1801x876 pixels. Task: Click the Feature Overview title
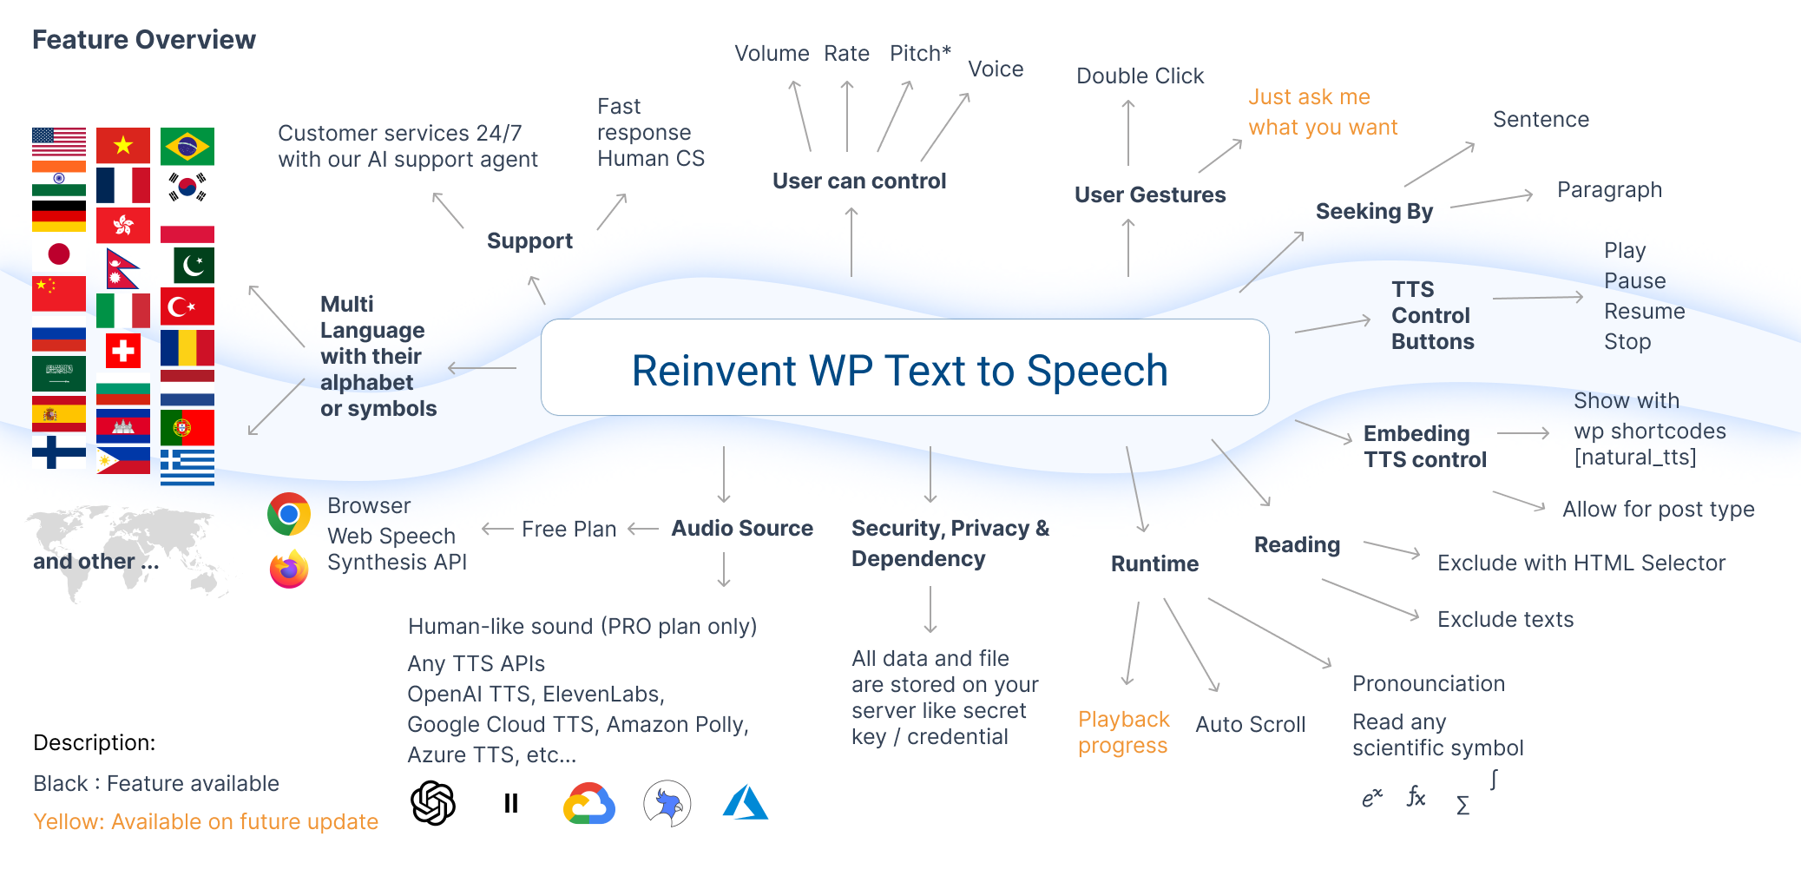click(144, 40)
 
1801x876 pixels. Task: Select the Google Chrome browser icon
click(289, 514)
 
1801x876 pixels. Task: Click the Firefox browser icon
click(289, 570)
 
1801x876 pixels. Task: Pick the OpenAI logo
click(432, 802)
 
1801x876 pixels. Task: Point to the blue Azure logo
click(745, 803)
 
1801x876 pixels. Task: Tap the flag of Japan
click(59, 254)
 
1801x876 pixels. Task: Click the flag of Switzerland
click(123, 351)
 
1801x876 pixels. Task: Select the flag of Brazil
click(187, 147)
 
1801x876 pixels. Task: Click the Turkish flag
click(187, 306)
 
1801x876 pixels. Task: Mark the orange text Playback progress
click(1123, 732)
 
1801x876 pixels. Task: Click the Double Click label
click(1140, 76)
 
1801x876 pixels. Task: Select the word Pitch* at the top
click(920, 54)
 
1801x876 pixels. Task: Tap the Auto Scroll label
click(1250, 725)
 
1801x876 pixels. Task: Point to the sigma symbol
click(1462, 806)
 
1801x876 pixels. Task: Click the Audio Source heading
click(742, 529)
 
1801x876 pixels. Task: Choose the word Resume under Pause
click(1644, 312)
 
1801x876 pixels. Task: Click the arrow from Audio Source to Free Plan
click(643, 529)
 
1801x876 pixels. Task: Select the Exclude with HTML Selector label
click(1581, 563)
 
